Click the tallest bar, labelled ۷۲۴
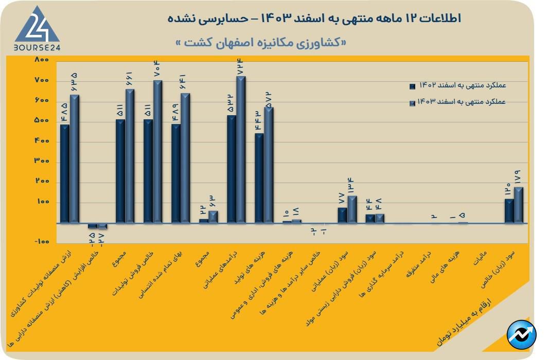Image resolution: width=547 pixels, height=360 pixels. [241, 149]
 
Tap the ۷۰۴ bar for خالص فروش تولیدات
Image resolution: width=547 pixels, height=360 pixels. [157, 151]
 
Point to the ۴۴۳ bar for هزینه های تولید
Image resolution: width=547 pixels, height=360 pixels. [259, 178]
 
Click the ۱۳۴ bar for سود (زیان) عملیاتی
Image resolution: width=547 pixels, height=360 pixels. [352, 209]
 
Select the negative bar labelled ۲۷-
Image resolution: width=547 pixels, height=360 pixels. [102, 226]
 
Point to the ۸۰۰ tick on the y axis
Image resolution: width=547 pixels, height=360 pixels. [41, 60]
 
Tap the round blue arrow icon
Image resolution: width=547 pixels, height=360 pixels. [521, 335]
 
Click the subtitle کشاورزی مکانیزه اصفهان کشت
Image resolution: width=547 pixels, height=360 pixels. [261, 43]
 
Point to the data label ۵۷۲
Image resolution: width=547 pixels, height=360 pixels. [268, 99]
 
